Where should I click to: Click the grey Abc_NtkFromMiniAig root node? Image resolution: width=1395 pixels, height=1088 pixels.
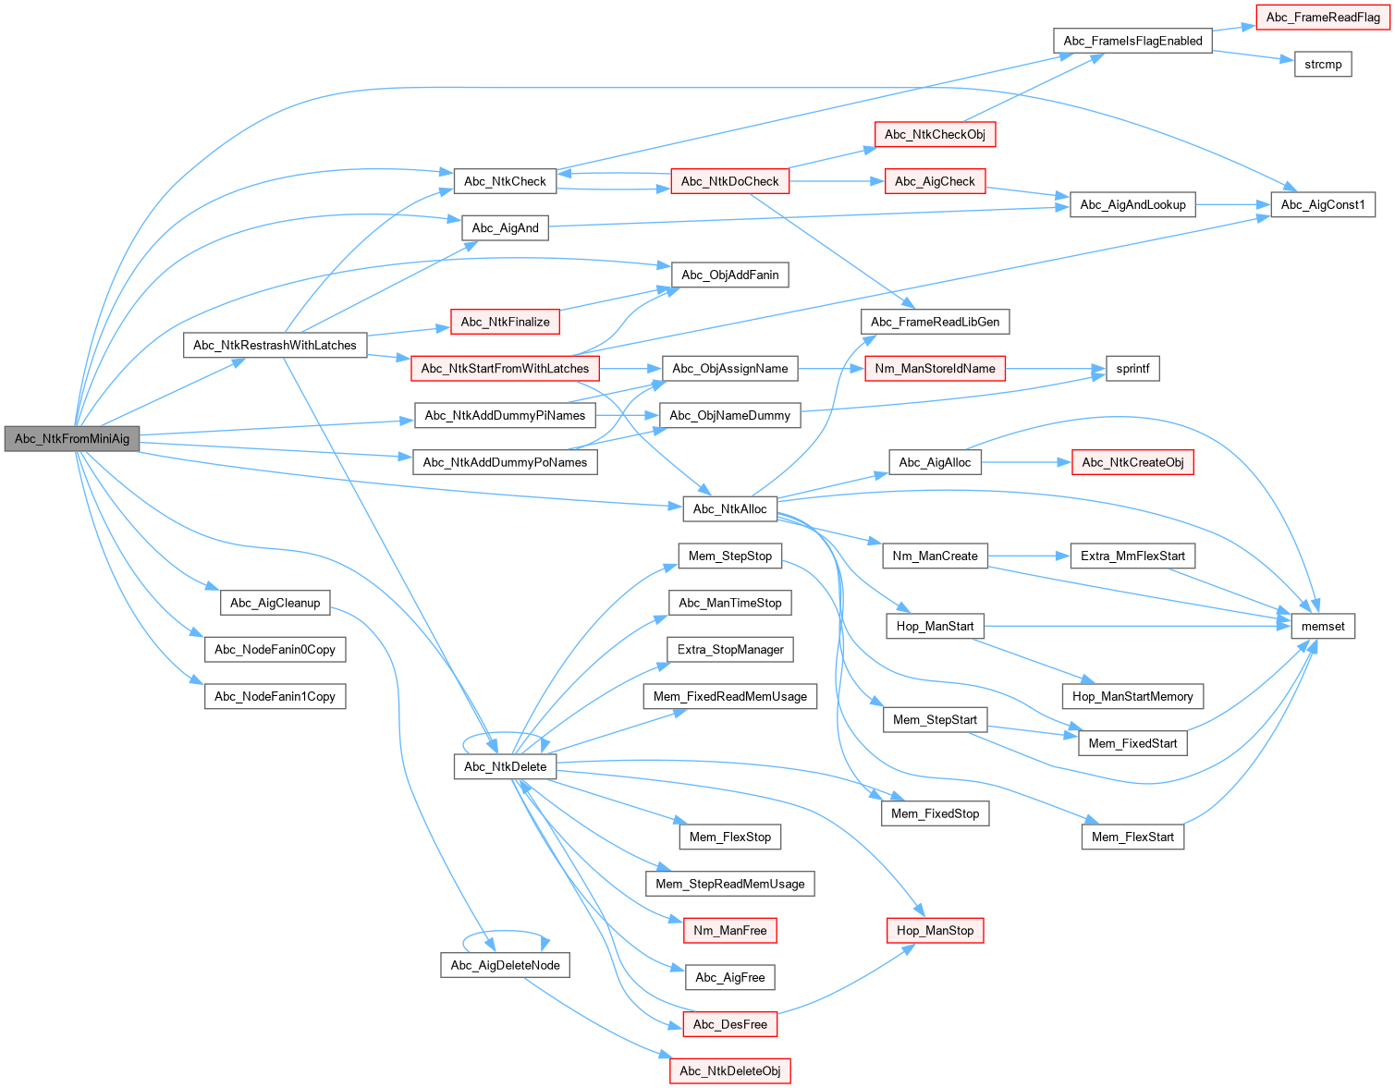tap(72, 439)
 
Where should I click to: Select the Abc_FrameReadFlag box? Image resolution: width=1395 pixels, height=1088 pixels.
tap(1323, 18)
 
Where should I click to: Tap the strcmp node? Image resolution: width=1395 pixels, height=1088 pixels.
tap(1323, 65)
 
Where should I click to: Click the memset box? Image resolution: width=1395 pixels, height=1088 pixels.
tap(1323, 627)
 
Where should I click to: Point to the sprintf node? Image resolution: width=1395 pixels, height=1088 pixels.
tap(1132, 369)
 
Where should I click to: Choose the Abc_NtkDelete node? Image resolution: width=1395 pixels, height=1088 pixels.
tap(505, 767)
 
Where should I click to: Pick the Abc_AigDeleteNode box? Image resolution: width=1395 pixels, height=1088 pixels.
tap(505, 966)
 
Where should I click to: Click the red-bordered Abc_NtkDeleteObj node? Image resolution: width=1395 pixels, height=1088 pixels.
tap(729, 1071)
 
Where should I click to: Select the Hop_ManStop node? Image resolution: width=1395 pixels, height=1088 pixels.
tap(935, 931)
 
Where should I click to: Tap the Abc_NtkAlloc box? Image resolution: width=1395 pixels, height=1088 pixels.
tap(729, 509)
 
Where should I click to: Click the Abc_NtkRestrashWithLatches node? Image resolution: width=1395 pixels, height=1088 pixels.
tap(275, 346)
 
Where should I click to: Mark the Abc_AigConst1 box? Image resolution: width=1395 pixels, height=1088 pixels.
tap(1323, 205)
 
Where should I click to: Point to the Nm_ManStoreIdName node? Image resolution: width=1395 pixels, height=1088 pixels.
tap(935, 369)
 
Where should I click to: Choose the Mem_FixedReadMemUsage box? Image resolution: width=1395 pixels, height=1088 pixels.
tap(729, 697)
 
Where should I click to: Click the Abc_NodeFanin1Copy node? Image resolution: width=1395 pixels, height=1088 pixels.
tap(275, 697)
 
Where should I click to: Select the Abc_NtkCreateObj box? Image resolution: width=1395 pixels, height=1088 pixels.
tap(1132, 463)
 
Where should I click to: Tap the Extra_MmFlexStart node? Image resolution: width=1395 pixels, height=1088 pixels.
tap(1132, 556)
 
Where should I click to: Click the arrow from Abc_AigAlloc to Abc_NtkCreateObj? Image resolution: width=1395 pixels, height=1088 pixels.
tap(1026, 462)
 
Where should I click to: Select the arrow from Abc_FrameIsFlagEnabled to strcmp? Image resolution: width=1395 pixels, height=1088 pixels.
tap(1253, 55)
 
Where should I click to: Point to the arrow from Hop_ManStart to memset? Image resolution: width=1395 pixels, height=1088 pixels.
tap(1137, 627)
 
